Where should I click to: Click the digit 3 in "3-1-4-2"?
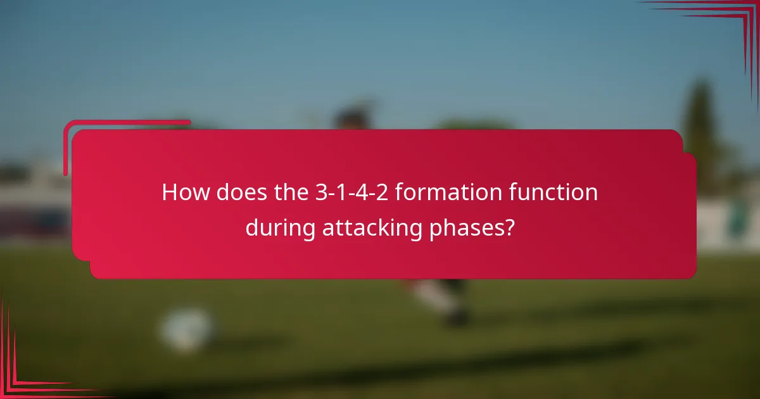[x=320, y=193]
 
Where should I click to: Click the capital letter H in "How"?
[x=169, y=193]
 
